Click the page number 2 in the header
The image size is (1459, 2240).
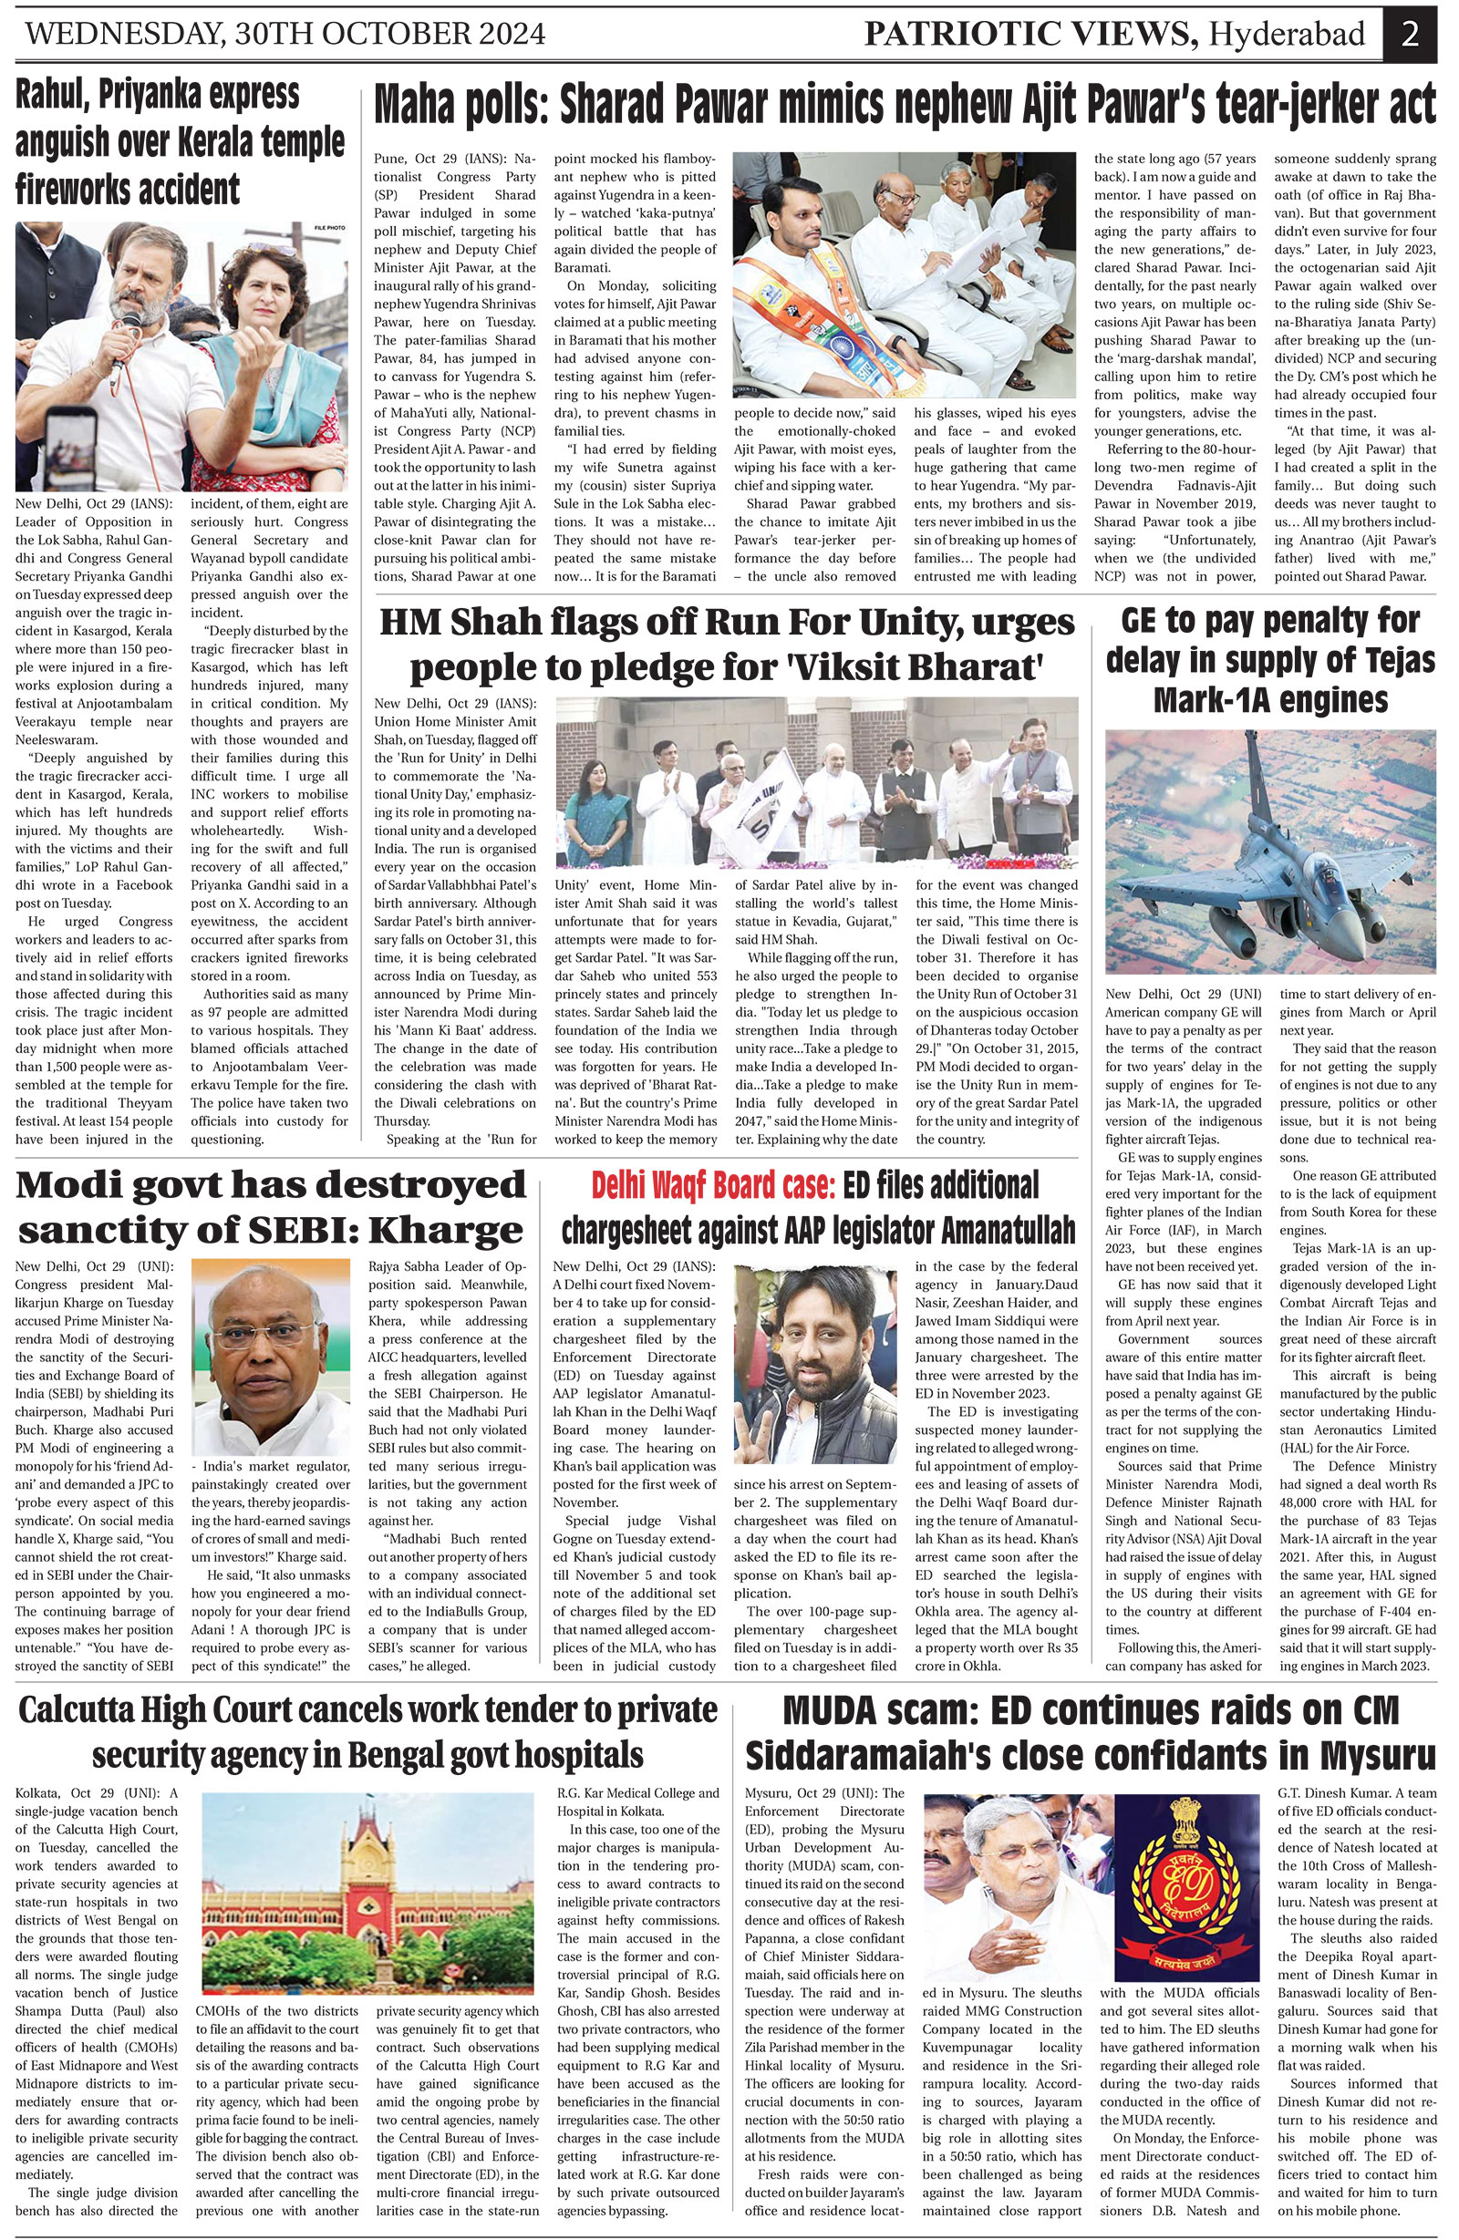[x=1409, y=34]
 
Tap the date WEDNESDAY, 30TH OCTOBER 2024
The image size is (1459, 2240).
[x=286, y=35]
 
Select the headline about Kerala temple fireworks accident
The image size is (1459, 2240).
[x=180, y=143]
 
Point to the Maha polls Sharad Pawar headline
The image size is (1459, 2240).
[x=904, y=105]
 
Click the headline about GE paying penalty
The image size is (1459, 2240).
[x=1270, y=661]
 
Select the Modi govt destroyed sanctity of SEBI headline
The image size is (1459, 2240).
[x=271, y=1208]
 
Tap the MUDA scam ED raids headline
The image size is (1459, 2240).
[x=1090, y=1735]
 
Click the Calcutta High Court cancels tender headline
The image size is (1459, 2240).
[x=368, y=1735]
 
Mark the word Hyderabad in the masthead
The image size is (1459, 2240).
[x=1287, y=34]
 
